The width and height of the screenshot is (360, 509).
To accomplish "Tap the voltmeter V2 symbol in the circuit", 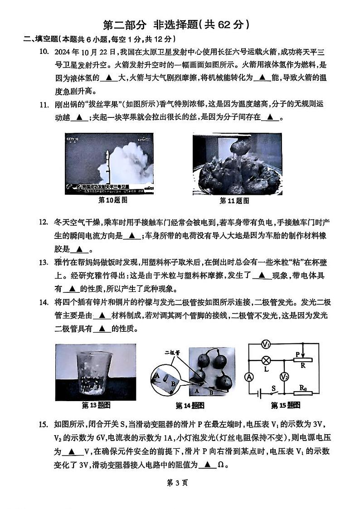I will pos(284,377).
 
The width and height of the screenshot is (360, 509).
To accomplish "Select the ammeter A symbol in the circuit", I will pos(249,377).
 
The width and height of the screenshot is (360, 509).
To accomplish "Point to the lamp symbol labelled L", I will pos(267,361).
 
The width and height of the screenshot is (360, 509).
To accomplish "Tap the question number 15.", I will pos(44,424).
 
